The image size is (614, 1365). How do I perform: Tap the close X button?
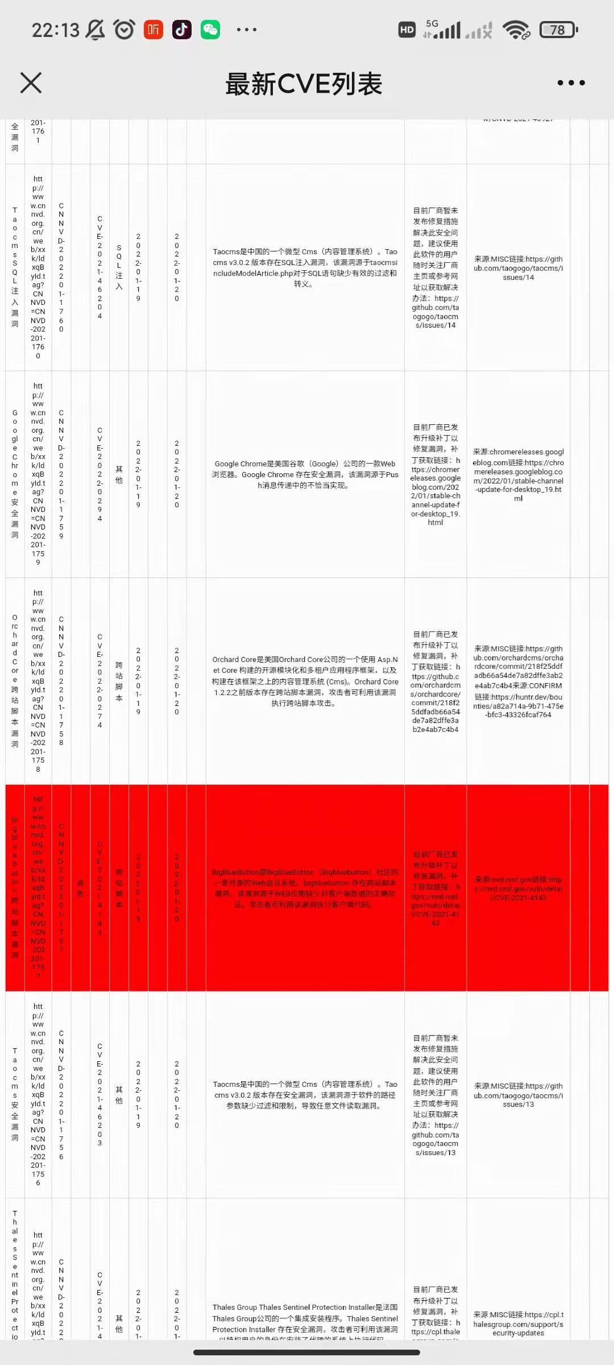[31, 82]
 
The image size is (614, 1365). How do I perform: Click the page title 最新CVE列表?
[304, 84]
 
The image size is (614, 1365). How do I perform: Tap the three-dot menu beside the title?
[571, 83]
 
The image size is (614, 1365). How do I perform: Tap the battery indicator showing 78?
[558, 30]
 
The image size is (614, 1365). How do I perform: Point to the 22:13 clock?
[55, 30]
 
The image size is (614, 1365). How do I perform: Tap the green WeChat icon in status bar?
[210, 30]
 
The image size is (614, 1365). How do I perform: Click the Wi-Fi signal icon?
[516, 30]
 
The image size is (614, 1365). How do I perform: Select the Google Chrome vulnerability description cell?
[305, 474]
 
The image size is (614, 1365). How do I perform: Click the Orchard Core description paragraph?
[305, 681]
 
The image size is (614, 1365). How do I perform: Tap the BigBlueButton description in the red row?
[305, 888]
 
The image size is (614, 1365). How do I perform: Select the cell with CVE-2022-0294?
[99, 474]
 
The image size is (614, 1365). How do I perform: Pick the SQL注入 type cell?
[119, 267]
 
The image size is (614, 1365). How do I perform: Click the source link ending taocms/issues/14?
[518, 268]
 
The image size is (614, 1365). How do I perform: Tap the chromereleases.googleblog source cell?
[518, 474]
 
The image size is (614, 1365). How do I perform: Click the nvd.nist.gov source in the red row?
[518, 888]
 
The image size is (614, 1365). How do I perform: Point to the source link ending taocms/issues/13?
[518, 1095]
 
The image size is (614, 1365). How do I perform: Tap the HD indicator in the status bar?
[407, 30]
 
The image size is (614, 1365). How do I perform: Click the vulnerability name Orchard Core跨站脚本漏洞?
[15, 681]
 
